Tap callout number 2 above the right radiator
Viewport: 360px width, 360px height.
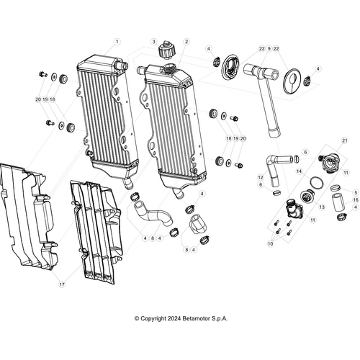186,42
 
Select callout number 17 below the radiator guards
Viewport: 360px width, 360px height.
62,284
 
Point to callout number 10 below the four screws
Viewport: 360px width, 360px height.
271,244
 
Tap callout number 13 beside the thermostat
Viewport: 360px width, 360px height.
322,206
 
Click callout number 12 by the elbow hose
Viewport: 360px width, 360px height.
261,176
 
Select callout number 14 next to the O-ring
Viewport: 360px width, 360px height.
298,171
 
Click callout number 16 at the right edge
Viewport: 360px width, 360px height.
356,200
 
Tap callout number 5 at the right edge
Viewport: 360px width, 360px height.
356,192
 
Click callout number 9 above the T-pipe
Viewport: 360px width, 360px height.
269,49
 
